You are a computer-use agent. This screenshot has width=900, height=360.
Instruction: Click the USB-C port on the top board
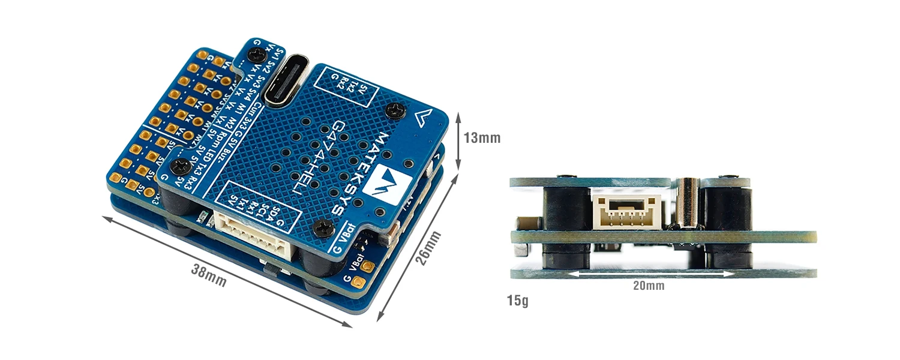[284, 82]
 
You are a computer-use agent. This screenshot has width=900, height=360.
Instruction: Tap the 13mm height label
[482, 138]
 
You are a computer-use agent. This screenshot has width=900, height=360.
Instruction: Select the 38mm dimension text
[208, 275]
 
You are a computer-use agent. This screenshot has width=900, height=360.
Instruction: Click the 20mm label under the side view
[649, 286]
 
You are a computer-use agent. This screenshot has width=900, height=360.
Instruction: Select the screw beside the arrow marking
[395, 110]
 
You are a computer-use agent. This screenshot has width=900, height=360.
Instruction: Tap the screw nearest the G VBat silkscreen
[324, 227]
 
